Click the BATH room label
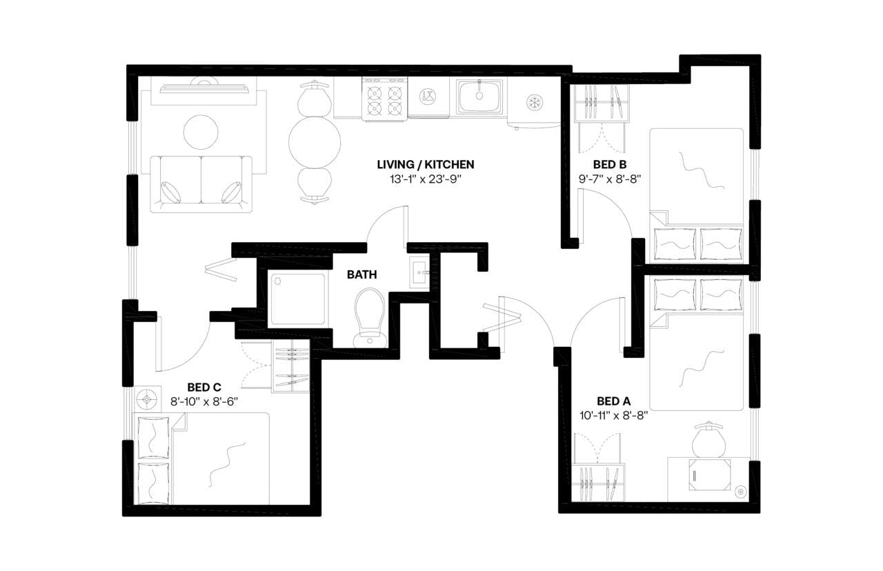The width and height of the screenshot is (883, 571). pyautogui.click(x=361, y=274)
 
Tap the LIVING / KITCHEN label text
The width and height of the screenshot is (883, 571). pyautogui.click(x=425, y=164)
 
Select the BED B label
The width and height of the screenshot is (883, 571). pyautogui.click(x=609, y=164)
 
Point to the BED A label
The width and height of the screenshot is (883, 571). pyautogui.click(x=613, y=401)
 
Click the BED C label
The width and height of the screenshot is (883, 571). pyautogui.click(x=204, y=387)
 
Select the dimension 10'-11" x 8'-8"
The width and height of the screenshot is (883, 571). pyautogui.click(x=613, y=415)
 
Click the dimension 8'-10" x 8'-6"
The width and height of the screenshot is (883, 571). pyautogui.click(x=204, y=401)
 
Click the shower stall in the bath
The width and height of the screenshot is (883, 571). pyautogui.click(x=298, y=299)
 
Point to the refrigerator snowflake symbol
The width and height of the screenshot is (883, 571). pyautogui.click(x=534, y=103)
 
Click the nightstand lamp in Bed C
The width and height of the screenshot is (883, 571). pyautogui.click(x=147, y=399)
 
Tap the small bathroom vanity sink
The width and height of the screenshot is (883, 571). pyautogui.click(x=419, y=272)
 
